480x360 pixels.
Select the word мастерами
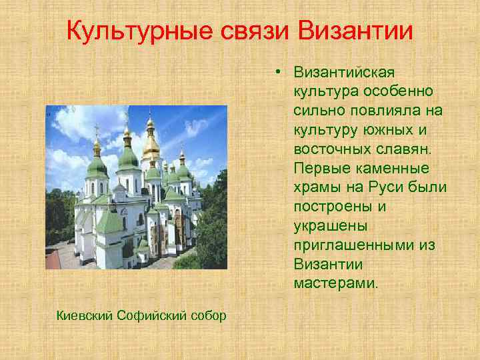click(335, 284)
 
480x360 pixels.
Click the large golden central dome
click(151, 145)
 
